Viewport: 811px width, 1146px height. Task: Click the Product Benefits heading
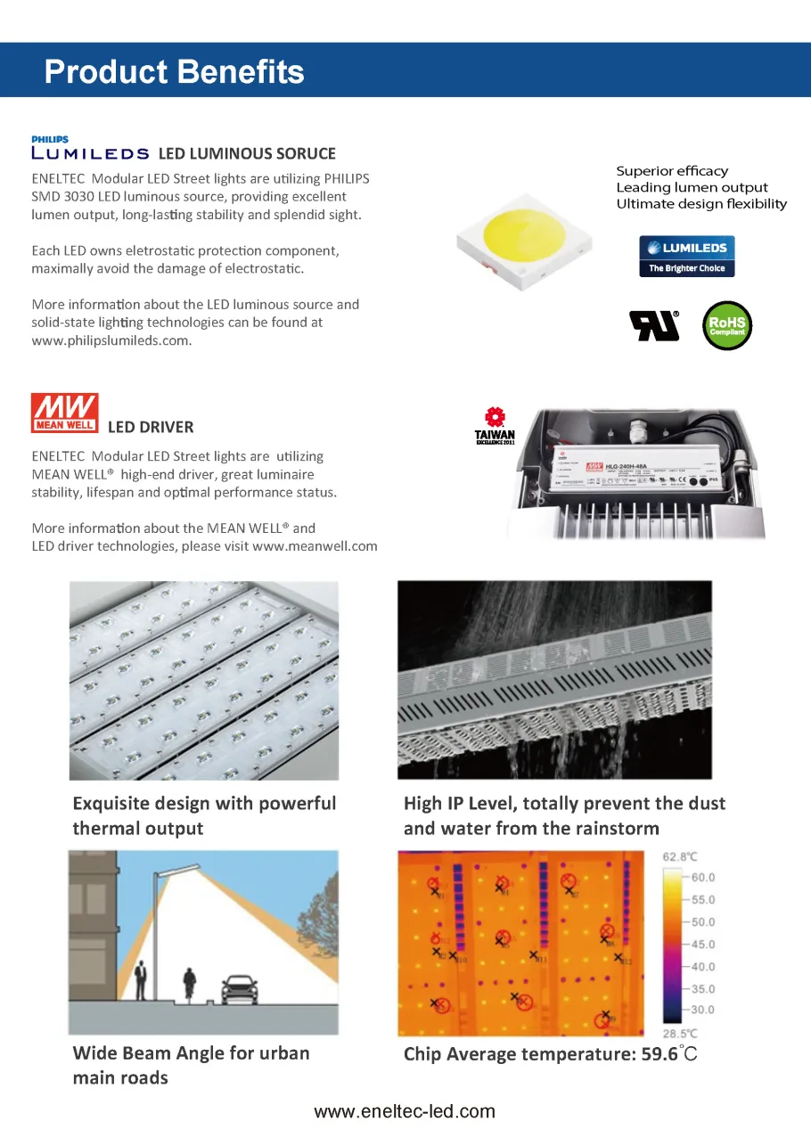point(174,71)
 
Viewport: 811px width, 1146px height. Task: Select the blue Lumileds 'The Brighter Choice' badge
point(686,256)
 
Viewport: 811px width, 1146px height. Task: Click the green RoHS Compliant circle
point(727,326)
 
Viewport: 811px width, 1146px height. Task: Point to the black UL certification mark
point(655,326)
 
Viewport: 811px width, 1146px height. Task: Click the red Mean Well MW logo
point(65,413)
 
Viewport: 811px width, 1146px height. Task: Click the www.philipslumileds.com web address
point(111,340)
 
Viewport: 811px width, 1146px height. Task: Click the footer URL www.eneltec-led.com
point(405,1111)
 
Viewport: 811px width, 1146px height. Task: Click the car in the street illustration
point(238,986)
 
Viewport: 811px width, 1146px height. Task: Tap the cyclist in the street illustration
point(189,984)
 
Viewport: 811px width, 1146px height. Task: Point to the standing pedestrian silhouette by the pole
point(140,980)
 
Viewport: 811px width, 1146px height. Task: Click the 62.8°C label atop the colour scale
point(680,856)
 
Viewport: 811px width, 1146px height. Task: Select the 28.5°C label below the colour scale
point(680,1033)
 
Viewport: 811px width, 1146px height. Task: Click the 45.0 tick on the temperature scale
point(703,945)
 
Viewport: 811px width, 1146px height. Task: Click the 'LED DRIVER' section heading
point(151,427)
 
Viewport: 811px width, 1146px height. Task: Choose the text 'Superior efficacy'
point(672,171)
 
